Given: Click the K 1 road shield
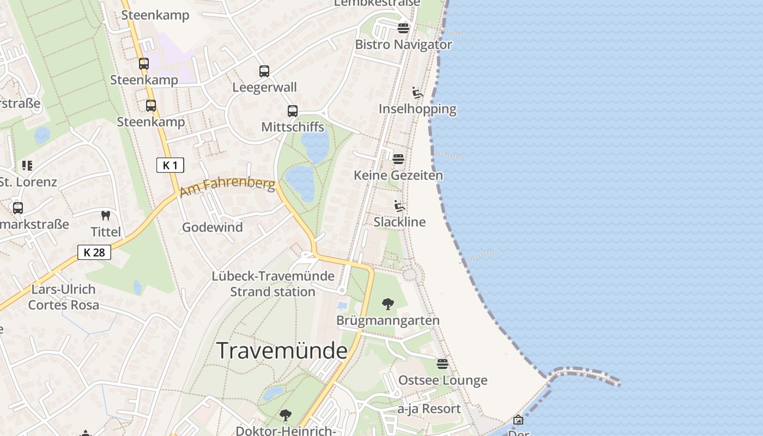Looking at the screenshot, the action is pyautogui.click(x=170, y=165).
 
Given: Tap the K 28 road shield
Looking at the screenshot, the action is pyautogui.click(x=94, y=252).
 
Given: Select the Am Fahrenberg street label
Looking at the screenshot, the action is pyautogui.click(x=227, y=186).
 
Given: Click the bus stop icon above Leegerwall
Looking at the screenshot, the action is pyautogui.click(x=264, y=71).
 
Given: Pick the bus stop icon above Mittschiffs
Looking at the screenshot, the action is pyautogui.click(x=293, y=111).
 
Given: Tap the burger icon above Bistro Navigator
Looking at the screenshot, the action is pyautogui.click(x=403, y=28).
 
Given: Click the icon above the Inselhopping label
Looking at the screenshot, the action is pyautogui.click(x=417, y=93).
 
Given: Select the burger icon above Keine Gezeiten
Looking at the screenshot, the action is pyautogui.click(x=398, y=159).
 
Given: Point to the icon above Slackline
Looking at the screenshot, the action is pyautogui.click(x=399, y=206).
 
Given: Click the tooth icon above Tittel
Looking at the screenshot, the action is pyautogui.click(x=106, y=216).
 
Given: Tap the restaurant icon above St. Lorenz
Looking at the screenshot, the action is pyautogui.click(x=27, y=165).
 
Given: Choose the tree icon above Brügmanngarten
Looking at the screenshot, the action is pyautogui.click(x=388, y=304).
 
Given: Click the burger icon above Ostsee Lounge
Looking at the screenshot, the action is pyautogui.click(x=443, y=364).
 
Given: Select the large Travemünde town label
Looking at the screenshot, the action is pyautogui.click(x=282, y=350).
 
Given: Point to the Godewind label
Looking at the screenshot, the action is pyautogui.click(x=213, y=227).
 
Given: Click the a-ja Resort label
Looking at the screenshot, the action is pyautogui.click(x=429, y=409).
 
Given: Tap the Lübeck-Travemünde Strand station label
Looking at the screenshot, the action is pyautogui.click(x=272, y=284).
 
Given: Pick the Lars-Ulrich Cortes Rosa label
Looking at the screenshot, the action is pyautogui.click(x=64, y=297).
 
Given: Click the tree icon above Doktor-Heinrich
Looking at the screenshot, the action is pyautogui.click(x=285, y=415).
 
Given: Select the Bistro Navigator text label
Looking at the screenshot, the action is pyautogui.click(x=403, y=45).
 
